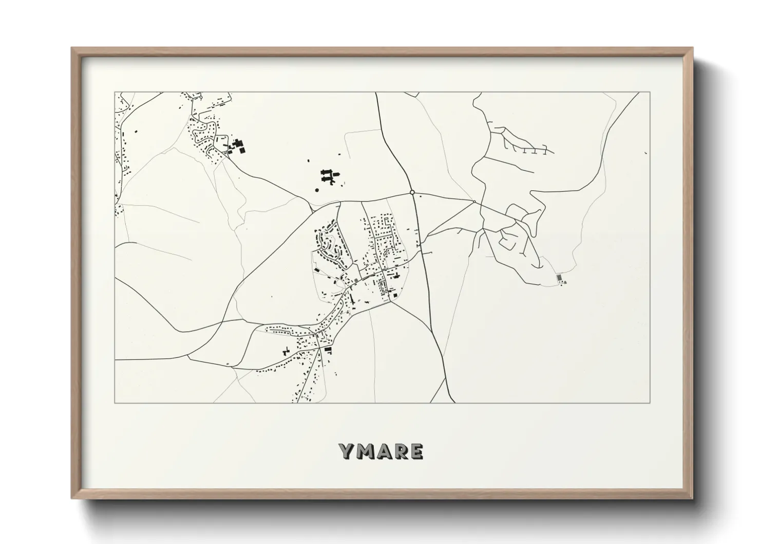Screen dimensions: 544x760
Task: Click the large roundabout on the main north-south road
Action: (412, 192)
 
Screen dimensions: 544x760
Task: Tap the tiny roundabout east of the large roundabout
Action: (474, 201)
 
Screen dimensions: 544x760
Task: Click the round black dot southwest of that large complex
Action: (317, 190)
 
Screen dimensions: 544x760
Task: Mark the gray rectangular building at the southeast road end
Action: (559, 278)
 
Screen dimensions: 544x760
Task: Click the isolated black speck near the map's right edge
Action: (645, 152)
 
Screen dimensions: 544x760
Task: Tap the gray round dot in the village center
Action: (356, 280)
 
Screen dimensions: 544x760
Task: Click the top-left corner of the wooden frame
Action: (72, 48)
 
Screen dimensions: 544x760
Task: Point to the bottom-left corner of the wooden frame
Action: (72, 498)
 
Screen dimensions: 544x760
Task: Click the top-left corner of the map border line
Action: (115, 92)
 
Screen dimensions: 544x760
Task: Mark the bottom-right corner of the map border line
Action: (650, 403)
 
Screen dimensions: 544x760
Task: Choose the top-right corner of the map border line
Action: (650, 92)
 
